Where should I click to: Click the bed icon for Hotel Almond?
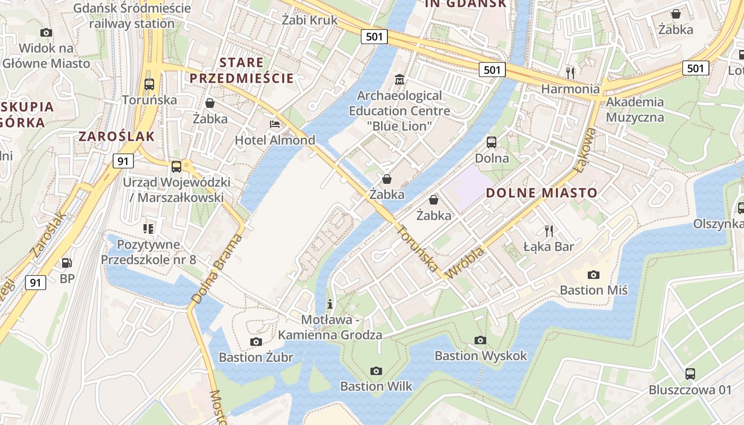tap(275, 124)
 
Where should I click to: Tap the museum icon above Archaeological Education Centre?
tap(399, 80)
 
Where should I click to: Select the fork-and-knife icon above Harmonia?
tap(570, 72)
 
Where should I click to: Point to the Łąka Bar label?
tap(549, 247)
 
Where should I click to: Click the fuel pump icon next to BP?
tap(67, 262)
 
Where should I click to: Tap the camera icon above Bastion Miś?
tap(594, 275)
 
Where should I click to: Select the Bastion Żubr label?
tap(256, 358)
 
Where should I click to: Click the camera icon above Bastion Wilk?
tap(376, 370)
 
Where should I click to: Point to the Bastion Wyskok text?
tap(480, 355)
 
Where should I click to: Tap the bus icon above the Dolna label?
tap(492, 142)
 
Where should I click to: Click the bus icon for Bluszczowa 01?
tap(690, 374)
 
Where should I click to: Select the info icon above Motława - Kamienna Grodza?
tap(330, 304)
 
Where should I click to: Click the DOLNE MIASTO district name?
tap(542, 193)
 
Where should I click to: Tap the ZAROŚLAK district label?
tap(117, 137)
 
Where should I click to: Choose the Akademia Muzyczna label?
tap(635, 109)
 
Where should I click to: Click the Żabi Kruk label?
tap(309, 20)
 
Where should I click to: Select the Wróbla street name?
tap(466, 263)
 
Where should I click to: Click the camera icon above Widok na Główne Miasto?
tap(46, 33)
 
